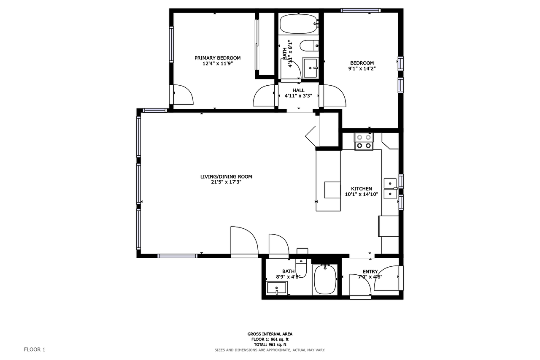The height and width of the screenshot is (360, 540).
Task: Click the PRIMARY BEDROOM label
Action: tap(217, 58)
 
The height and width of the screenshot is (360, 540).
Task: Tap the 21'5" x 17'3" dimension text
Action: tap(226, 182)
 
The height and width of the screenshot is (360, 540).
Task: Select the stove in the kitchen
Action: tap(364, 141)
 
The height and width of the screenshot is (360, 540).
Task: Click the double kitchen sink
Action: tap(390, 188)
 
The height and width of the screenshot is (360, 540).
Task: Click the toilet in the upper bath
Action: tap(309, 44)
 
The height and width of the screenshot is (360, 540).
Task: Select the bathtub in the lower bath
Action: tap(325, 280)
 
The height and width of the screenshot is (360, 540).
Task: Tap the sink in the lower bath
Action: tap(277, 288)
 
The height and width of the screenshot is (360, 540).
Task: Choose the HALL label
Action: tap(298, 90)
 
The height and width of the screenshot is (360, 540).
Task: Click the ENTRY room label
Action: tap(370, 272)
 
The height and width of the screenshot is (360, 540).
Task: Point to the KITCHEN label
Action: tap(362, 189)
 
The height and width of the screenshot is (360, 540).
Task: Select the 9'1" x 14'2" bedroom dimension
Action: tap(362, 68)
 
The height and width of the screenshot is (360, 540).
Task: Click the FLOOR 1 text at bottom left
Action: tap(34, 349)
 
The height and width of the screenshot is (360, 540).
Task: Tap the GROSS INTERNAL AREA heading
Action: tap(270, 334)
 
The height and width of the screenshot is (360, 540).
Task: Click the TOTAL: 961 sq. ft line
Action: tap(270, 344)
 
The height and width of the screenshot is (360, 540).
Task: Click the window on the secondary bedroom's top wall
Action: tap(361, 11)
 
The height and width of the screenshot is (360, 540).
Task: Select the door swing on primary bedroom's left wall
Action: tap(181, 95)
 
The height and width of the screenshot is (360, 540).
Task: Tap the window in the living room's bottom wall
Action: tap(177, 256)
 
